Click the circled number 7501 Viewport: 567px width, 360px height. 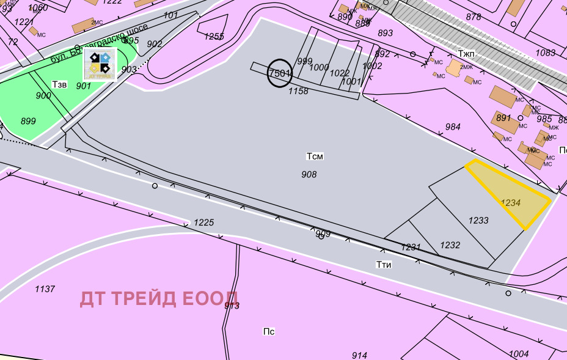280,73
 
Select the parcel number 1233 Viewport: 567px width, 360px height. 478,221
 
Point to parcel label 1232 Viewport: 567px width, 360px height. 450,245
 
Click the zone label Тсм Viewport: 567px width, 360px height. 315,156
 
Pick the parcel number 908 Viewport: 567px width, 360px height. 309,175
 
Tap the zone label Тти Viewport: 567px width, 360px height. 384,265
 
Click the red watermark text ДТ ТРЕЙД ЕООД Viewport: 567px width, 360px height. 159,298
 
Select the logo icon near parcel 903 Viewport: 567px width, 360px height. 100,65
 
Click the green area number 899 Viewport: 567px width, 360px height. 28,121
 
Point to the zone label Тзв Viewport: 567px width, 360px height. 59,83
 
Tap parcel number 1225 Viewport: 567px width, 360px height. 204,222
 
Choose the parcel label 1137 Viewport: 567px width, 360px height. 45,289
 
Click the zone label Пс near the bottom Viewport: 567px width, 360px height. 269,332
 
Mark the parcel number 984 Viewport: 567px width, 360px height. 453,127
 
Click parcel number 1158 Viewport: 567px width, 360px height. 298,91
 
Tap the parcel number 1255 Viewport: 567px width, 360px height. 214,37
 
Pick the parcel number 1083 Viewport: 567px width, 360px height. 546,53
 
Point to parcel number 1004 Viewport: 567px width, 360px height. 518,354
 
